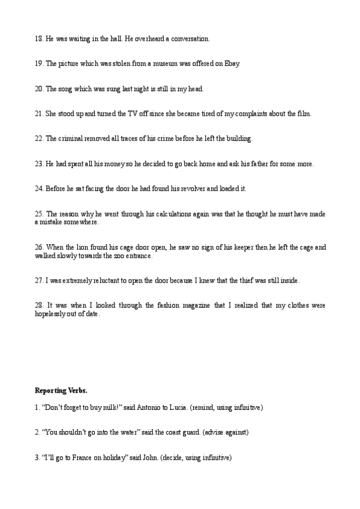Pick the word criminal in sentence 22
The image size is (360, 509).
pos(74,139)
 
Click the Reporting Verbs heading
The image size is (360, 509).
pos(61,391)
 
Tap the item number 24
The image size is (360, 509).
pos(39,188)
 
